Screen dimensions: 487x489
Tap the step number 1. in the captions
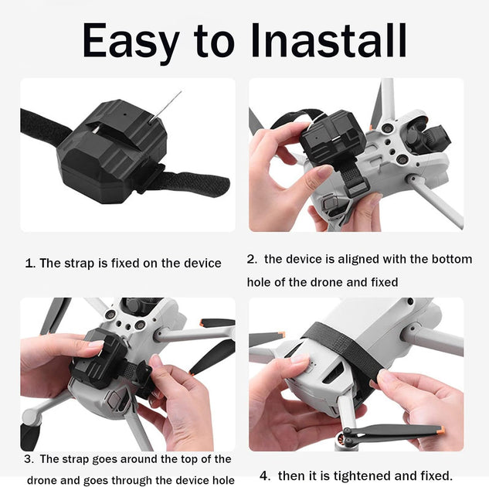click(x=30, y=263)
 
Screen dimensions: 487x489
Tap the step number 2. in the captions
click(x=252, y=259)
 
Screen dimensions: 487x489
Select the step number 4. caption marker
click(x=264, y=475)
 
